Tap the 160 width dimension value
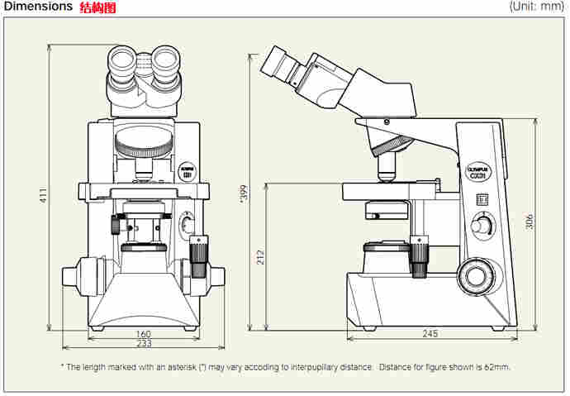click(144, 334)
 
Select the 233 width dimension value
click(144, 344)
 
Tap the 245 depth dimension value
click(429, 335)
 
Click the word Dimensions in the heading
click(38, 7)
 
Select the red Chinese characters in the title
click(97, 7)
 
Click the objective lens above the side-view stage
click(386, 169)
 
